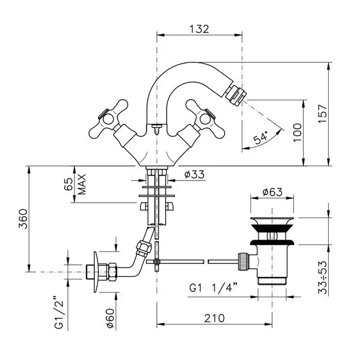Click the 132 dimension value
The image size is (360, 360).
click(x=199, y=29)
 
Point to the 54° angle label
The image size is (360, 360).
click(x=261, y=137)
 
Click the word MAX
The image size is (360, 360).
click(x=82, y=184)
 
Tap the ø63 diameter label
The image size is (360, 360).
click(x=272, y=192)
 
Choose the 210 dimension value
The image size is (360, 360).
click(x=213, y=318)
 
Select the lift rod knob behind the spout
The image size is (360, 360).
click(x=156, y=125)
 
